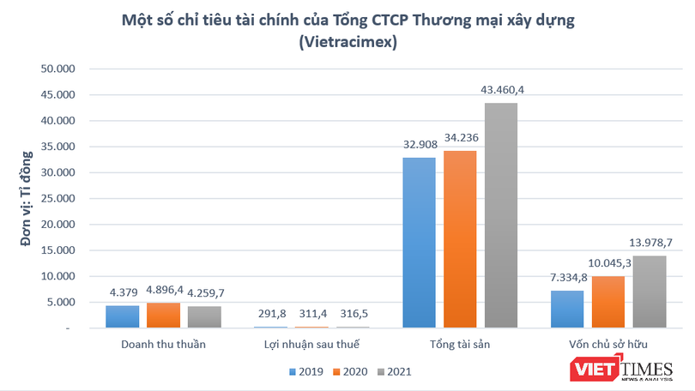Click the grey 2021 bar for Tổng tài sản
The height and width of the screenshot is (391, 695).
click(501, 215)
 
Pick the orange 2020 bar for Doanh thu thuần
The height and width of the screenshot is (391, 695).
click(164, 316)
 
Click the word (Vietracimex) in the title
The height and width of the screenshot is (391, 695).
click(347, 43)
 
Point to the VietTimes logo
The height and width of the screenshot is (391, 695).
click(632, 366)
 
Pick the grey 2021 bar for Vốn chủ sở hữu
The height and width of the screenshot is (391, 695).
click(649, 292)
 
